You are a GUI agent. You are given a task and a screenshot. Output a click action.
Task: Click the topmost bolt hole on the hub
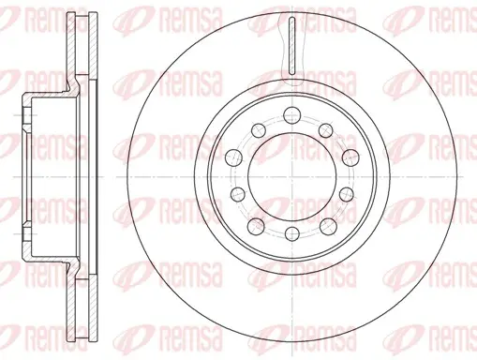(x=291, y=115)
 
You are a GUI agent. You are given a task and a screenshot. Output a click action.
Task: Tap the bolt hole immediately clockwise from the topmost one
(x=326, y=129)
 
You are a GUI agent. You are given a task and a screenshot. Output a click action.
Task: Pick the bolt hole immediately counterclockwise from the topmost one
(x=258, y=129)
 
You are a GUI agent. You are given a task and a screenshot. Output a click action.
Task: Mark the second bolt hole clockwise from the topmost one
(x=350, y=157)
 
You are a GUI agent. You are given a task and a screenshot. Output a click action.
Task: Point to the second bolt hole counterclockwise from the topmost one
(x=233, y=157)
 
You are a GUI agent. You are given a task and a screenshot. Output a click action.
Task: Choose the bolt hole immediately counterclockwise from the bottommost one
(x=328, y=226)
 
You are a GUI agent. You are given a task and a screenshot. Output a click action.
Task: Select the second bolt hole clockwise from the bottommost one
(x=238, y=194)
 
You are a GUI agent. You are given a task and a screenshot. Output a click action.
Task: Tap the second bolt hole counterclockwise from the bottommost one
(x=346, y=194)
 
